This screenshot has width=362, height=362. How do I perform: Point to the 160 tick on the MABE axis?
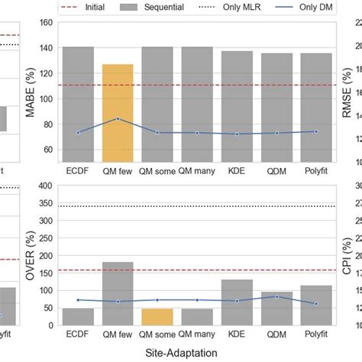47,23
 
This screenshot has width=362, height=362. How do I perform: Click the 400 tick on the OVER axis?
47,185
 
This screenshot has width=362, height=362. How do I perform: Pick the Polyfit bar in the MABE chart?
315,107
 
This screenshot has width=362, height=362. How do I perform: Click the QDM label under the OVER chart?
276,333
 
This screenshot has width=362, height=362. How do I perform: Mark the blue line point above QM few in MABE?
118,118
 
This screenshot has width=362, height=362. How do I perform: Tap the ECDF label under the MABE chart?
78,170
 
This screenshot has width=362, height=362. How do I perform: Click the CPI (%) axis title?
348,255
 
